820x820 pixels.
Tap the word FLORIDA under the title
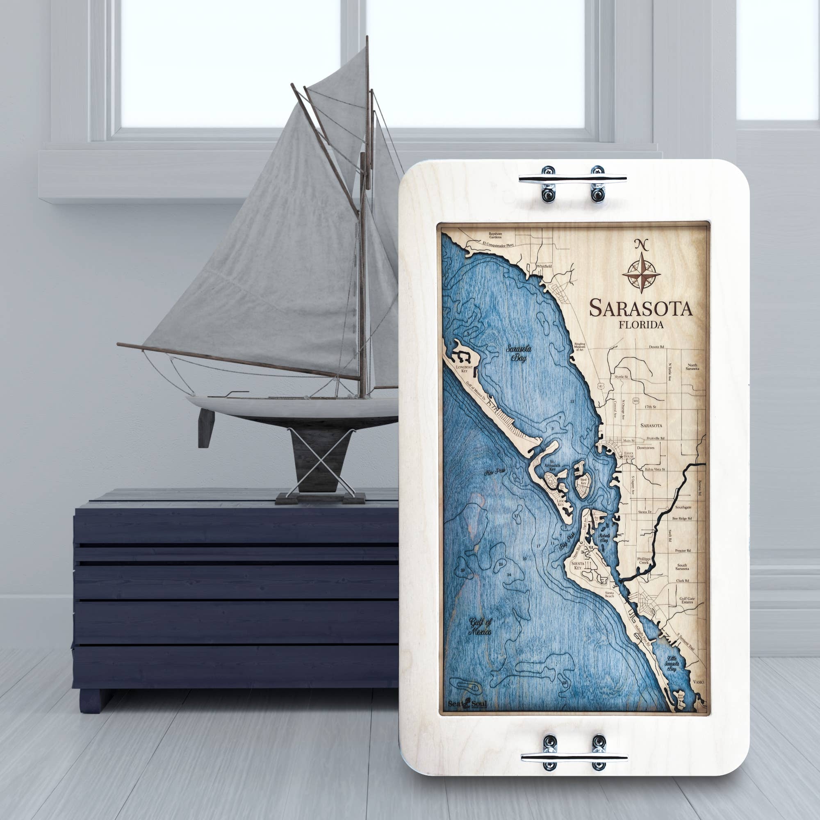point(641,325)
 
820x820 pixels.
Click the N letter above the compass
point(641,244)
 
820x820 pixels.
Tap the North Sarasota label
point(692,367)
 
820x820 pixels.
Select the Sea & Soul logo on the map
point(467,704)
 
